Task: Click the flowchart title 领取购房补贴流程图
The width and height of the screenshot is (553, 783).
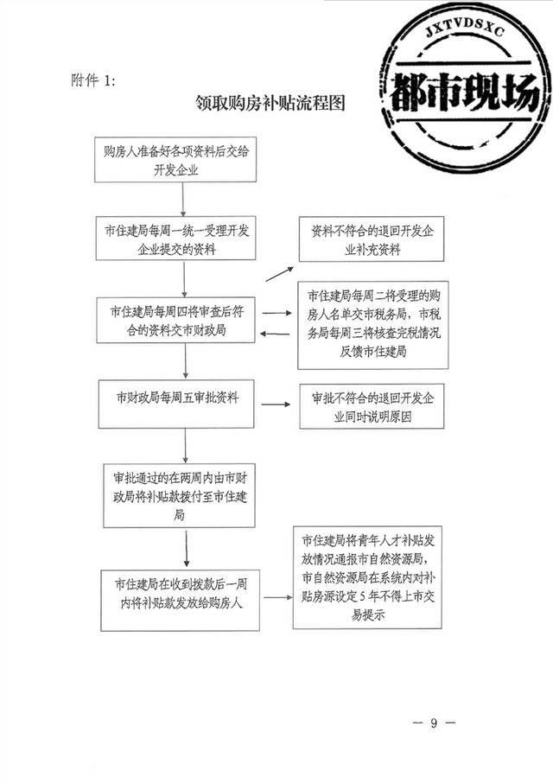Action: point(270,103)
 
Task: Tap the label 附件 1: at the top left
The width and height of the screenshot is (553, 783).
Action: point(93,80)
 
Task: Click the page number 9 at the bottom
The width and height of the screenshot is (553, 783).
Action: point(434,723)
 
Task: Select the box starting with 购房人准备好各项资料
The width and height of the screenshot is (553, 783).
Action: point(175,159)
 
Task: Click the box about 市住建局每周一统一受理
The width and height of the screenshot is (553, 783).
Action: point(175,239)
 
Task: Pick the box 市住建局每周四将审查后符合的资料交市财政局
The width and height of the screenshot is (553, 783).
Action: point(175,321)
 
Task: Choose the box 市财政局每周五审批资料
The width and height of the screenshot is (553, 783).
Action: point(176,404)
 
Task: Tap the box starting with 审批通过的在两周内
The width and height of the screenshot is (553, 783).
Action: point(179,496)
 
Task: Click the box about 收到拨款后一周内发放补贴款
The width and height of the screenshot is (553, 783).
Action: point(181,600)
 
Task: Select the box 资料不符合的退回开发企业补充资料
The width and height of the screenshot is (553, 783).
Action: point(372,239)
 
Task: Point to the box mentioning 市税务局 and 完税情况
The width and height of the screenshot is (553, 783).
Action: point(372,325)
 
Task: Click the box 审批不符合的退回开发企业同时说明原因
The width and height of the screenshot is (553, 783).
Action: point(372,406)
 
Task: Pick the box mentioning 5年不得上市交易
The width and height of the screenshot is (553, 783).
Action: point(367,577)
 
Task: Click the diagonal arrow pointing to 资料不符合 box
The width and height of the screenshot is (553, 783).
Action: point(279,274)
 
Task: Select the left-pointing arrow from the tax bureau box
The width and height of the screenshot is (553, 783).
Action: point(275,334)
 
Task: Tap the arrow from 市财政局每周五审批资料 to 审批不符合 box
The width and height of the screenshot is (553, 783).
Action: point(276,404)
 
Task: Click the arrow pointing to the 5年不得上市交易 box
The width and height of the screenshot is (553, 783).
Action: point(278,596)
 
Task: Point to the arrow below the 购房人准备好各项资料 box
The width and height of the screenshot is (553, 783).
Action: point(183,200)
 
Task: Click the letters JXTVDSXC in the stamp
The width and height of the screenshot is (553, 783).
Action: point(465,31)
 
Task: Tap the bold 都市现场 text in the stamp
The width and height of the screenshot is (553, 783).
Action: point(465,92)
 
